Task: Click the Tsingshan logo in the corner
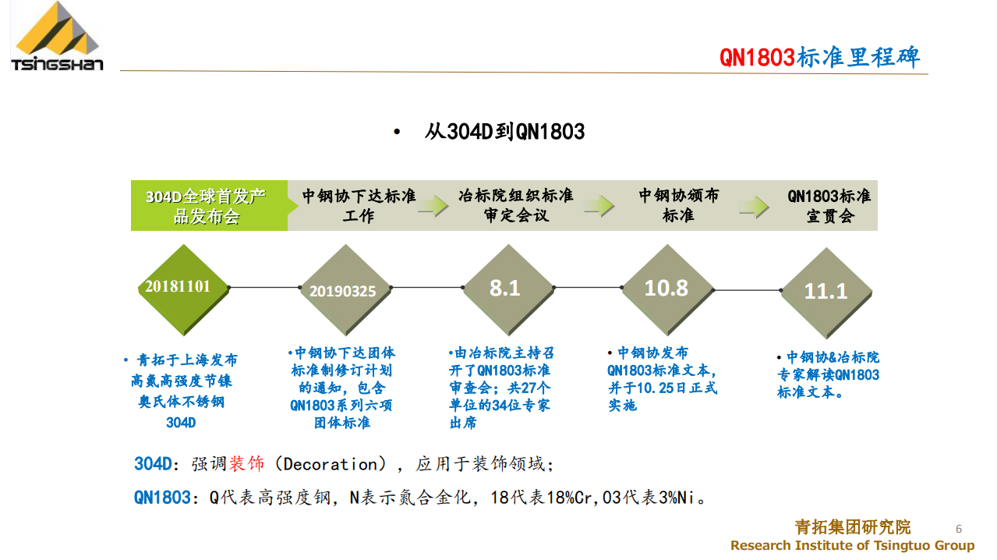click(x=57, y=36)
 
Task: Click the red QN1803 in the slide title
click(x=757, y=58)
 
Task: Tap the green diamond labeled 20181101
click(x=184, y=289)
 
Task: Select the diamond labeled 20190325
click(x=345, y=289)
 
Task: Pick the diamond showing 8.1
click(x=507, y=289)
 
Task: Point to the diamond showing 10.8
click(x=667, y=289)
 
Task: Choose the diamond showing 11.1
click(x=826, y=292)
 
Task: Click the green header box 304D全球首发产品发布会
click(x=209, y=205)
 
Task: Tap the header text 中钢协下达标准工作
click(x=359, y=205)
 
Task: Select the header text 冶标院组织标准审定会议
click(x=516, y=205)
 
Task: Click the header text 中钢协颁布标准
click(x=679, y=205)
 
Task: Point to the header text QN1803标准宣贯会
click(x=829, y=206)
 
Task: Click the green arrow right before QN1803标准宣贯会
click(x=754, y=207)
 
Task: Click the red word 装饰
click(x=246, y=464)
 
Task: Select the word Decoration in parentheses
click(x=331, y=464)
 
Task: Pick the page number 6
click(x=959, y=529)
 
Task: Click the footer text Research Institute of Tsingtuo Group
click(x=852, y=545)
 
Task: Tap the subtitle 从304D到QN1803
click(x=504, y=132)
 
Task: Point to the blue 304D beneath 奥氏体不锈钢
click(x=181, y=422)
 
